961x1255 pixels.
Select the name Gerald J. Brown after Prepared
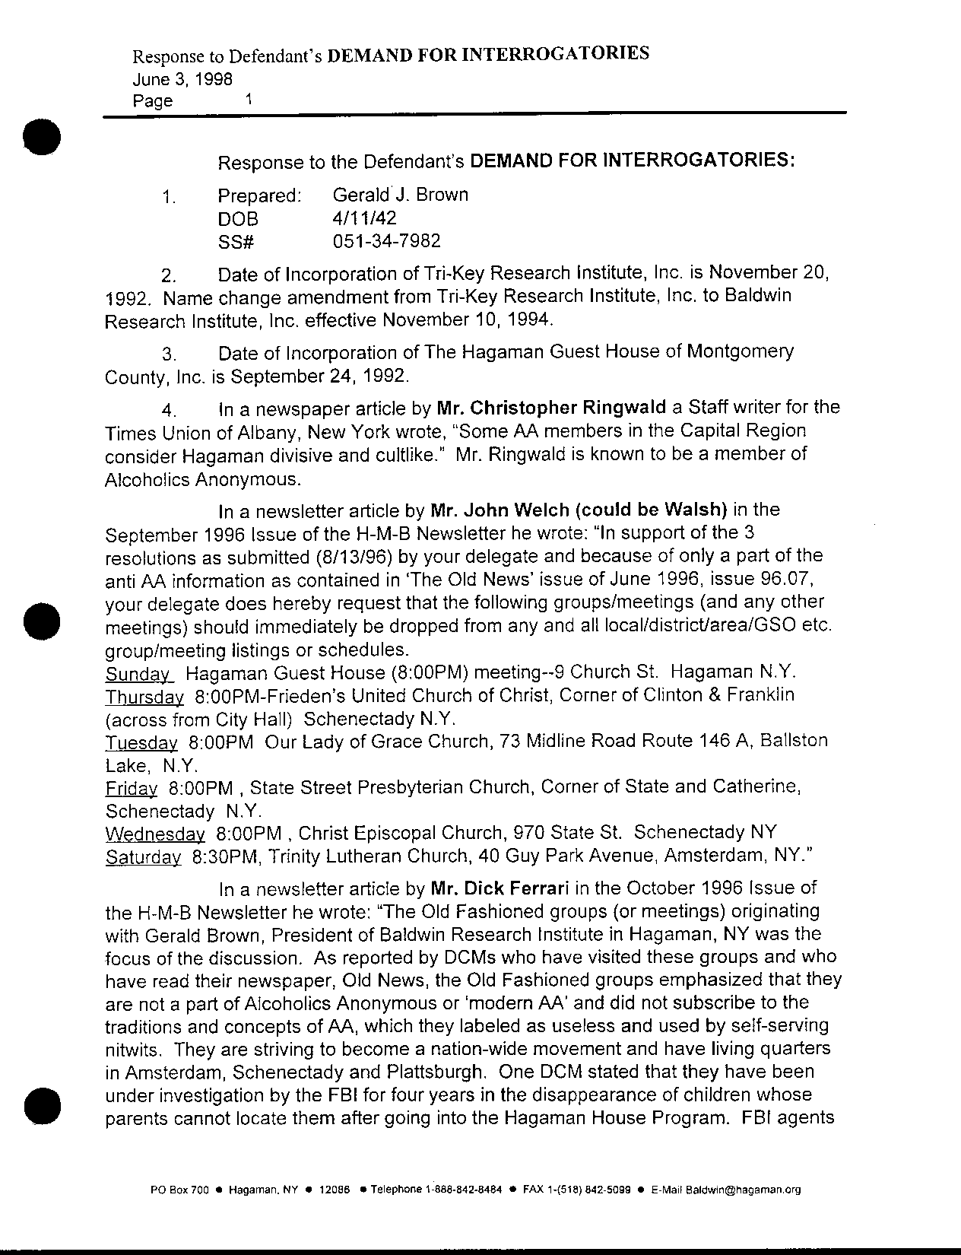pyautogui.click(x=400, y=195)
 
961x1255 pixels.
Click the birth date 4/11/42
pyautogui.click(x=364, y=218)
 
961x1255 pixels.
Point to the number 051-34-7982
pyautogui.click(x=386, y=241)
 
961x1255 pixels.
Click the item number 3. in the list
pyautogui.click(x=170, y=354)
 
